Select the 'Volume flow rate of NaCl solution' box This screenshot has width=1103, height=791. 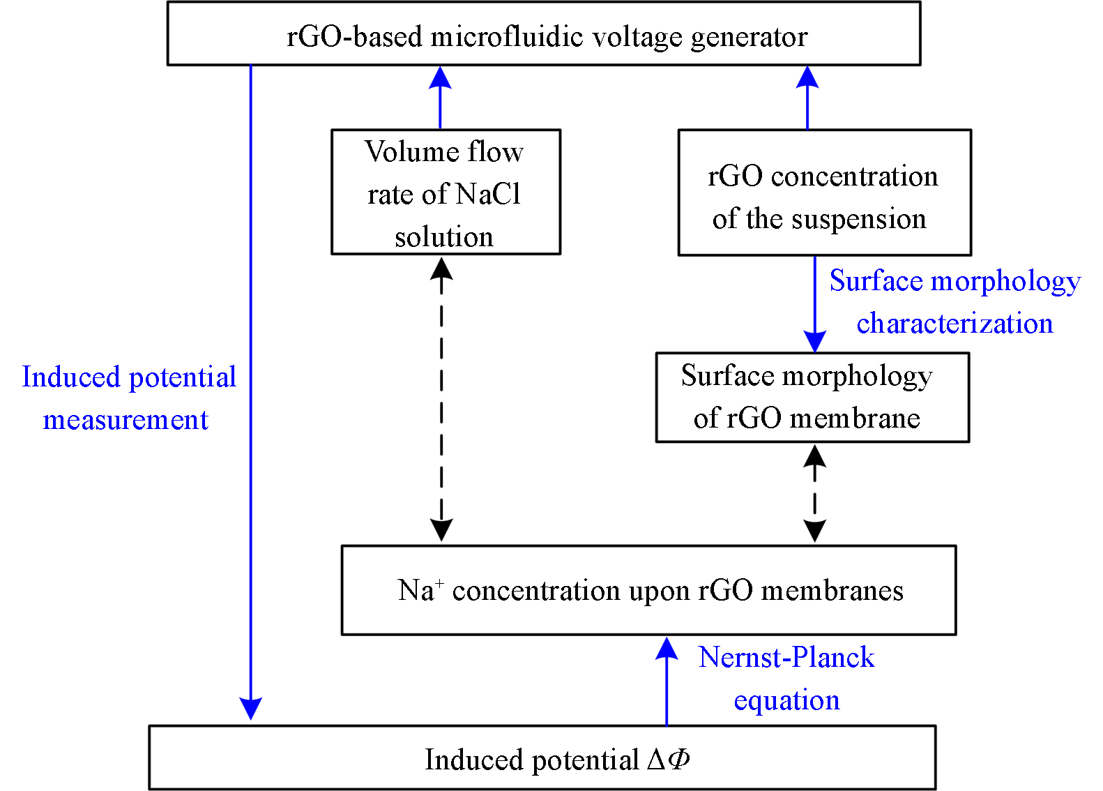pos(446,192)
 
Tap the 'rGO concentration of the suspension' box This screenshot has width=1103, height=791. pos(824,193)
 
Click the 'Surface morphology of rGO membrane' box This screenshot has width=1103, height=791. pos(812,397)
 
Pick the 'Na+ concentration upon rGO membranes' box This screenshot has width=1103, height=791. pos(648,590)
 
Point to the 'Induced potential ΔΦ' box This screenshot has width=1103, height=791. pos(542,758)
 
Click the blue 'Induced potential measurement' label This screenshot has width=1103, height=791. pos(128,398)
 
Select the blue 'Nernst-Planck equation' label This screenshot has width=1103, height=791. pos(786,678)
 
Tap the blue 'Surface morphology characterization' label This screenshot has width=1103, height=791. pos(954,302)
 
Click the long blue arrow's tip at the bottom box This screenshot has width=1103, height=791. pos(250,710)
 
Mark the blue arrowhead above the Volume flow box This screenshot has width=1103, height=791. pos(440,77)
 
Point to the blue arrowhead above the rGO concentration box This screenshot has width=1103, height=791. pos(807,77)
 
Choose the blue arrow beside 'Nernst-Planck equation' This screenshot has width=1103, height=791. pos(667,680)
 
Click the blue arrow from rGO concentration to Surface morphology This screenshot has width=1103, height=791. pos(814,303)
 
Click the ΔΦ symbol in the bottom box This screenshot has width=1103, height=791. pos(669,758)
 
